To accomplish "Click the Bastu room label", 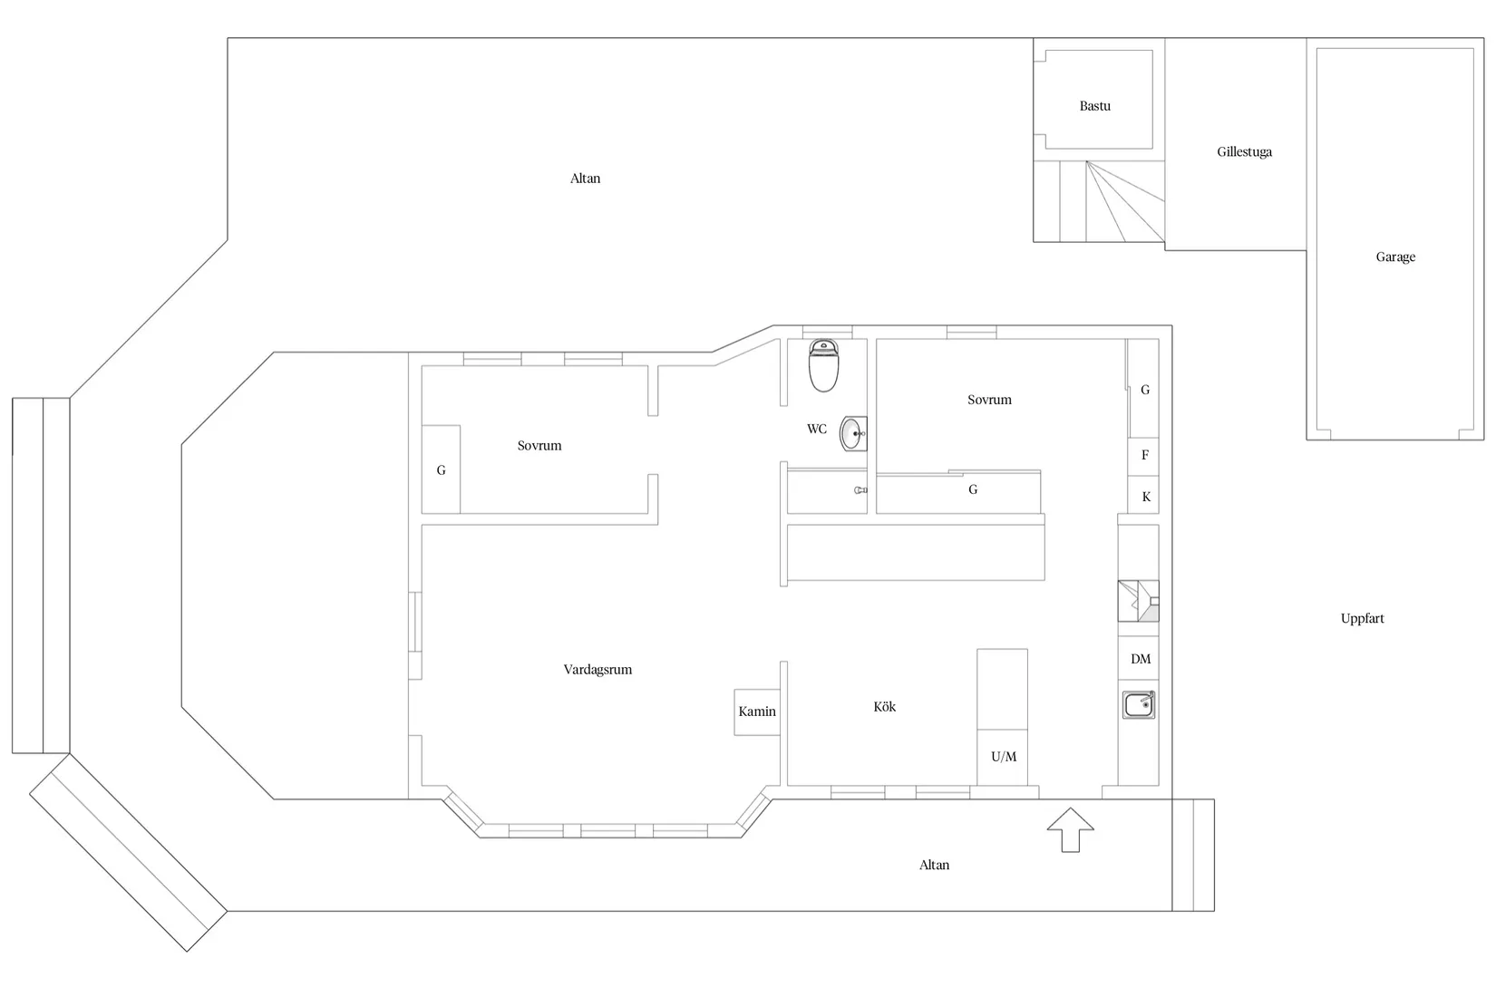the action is [1094, 105].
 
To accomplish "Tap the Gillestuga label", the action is [1244, 151].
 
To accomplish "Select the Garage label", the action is [1395, 257].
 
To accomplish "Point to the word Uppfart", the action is [1362, 618].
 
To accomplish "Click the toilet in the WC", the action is [823, 365].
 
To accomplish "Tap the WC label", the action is [816, 429].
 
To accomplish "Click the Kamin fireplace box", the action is [757, 711].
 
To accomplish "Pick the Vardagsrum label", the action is [597, 669].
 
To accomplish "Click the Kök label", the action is [884, 707].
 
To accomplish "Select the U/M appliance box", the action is [1003, 757].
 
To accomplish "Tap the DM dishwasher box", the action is [1139, 658].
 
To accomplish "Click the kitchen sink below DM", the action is [1139, 704].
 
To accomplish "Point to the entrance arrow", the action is [1070, 829].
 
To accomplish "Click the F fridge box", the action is [1143, 455].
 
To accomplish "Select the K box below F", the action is [1143, 495].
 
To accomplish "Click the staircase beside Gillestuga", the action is [1099, 201].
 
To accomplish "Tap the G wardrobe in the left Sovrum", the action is [441, 469].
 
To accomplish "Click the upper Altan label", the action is [585, 179].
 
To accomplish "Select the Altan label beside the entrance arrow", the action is [934, 865].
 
